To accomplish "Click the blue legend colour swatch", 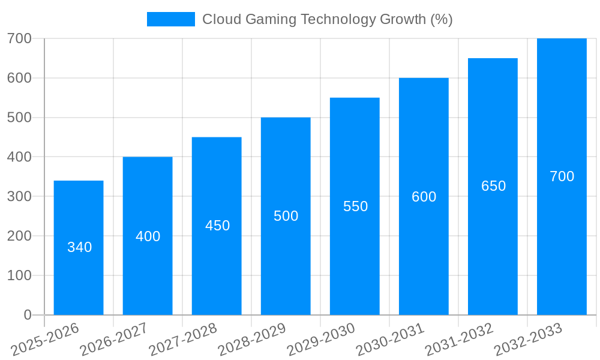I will click(171, 19).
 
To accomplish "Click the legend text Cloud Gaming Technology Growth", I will click(327, 19).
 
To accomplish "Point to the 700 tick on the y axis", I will click(19, 38).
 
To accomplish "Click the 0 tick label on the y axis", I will click(28, 315).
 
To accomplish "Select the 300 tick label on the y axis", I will click(19, 196).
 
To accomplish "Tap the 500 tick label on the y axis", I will click(19, 118).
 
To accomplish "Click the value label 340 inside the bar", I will click(79, 247).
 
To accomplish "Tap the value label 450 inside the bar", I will click(217, 226).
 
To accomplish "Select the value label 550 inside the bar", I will click(355, 206).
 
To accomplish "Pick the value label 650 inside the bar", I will click(493, 186).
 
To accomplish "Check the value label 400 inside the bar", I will click(148, 236).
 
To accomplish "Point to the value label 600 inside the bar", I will click(424, 197).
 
